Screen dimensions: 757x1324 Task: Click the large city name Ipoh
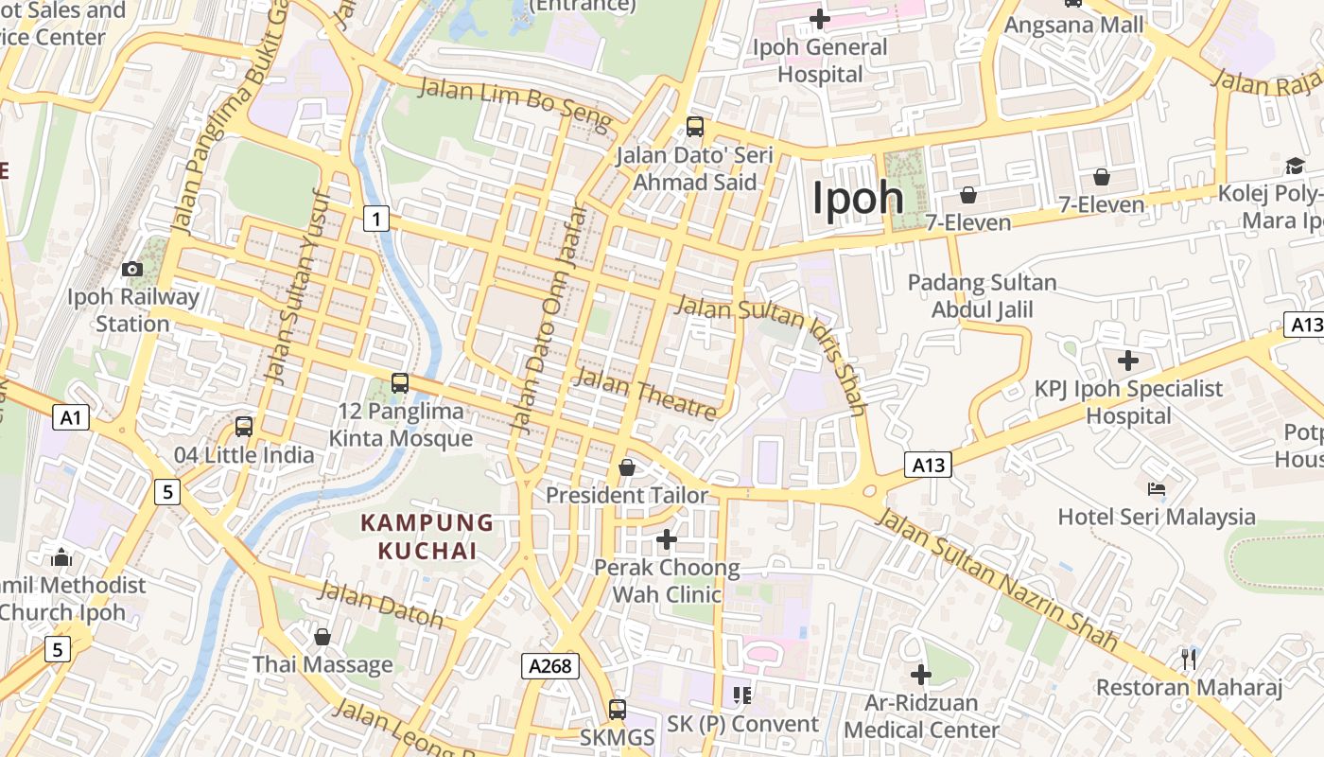(x=858, y=198)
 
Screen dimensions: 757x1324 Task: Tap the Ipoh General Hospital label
(x=820, y=61)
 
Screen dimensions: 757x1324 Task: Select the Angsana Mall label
(x=1073, y=25)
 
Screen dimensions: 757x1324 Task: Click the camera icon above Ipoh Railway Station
(x=132, y=270)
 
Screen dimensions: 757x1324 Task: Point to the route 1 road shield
(x=376, y=220)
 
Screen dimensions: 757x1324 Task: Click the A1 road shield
(x=71, y=417)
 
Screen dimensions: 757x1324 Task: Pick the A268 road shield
(x=550, y=666)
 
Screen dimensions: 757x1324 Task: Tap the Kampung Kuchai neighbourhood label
(x=427, y=537)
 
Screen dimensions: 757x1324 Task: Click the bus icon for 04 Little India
(x=244, y=427)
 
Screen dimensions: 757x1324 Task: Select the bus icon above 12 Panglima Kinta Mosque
(x=400, y=383)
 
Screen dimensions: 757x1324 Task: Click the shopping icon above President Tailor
(x=626, y=467)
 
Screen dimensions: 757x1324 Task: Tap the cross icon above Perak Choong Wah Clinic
(x=667, y=539)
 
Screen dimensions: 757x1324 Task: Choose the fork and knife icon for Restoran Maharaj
(x=1190, y=659)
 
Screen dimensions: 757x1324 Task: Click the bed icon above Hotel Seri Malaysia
(x=1157, y=489)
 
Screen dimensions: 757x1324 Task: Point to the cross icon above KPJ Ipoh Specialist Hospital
(x=1128, y=361)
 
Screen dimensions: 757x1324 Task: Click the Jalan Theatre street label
(x=645, y=394)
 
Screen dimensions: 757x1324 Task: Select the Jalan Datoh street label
(x=381, y=605)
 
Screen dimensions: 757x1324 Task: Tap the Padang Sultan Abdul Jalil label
(x=982, y=296)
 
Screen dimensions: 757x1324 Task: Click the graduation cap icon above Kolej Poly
(x=1295, y=167)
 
